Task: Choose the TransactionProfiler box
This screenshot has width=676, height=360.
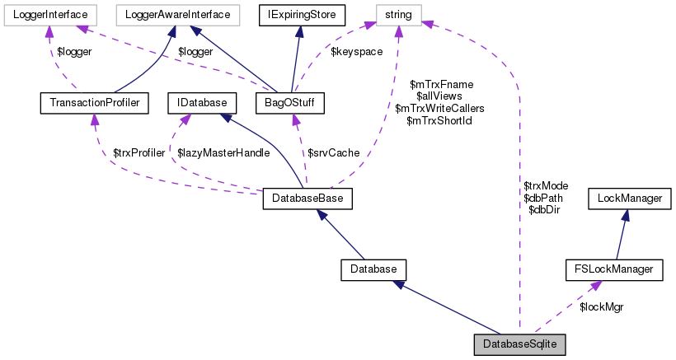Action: point(93,103)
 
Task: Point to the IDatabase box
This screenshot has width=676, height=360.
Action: point(201,103)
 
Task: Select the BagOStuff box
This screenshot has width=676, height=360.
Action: point(289,103)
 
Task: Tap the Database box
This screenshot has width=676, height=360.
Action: point(373,269)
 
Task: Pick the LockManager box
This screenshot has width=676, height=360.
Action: point(629,199)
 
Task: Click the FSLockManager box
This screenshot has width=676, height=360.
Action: point(614,269)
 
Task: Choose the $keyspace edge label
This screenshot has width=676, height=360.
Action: point(354,51)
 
